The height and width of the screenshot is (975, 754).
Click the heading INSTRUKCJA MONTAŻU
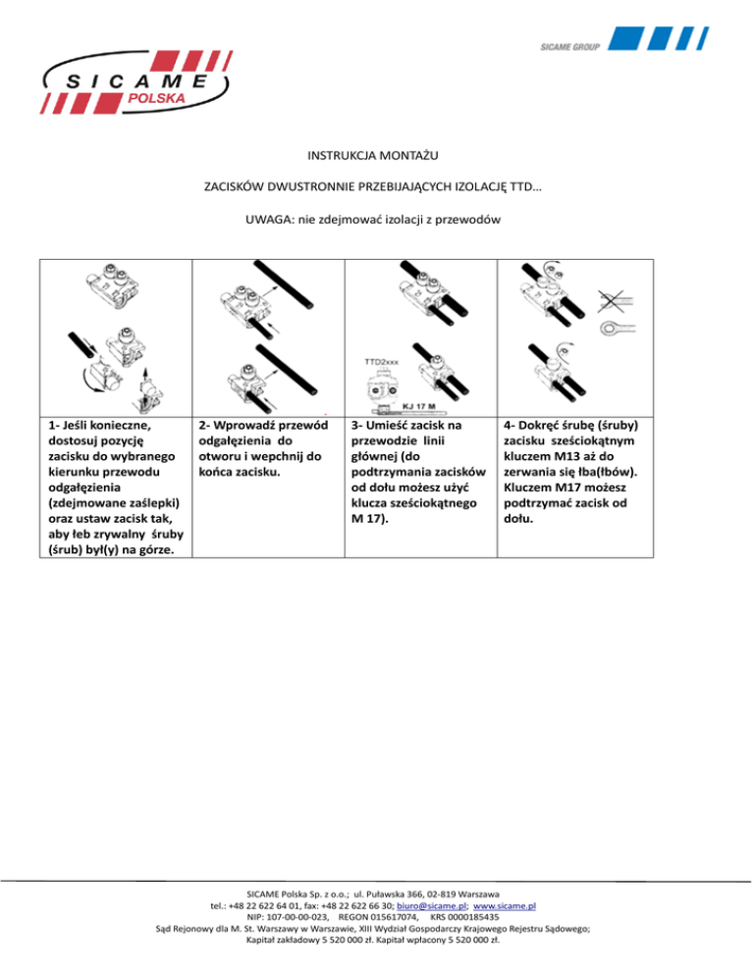pos(377,154)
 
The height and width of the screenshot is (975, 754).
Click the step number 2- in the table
pos(205,428)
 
